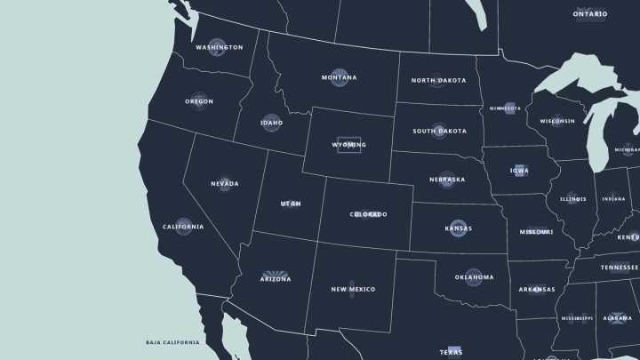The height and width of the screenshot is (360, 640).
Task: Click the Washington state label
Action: point(219,47)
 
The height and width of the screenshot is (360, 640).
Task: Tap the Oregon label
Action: point(199,101)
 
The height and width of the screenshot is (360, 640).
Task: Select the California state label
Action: point(183,227)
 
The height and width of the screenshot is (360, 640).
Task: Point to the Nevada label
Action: point(224,184)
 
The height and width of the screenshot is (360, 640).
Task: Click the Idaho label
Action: point(271,123)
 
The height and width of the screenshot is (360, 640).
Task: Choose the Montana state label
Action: point(339,77)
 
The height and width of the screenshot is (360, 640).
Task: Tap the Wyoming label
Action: point(348,144)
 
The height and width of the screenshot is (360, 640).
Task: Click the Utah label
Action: point(291,204)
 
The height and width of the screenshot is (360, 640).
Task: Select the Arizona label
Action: point(276,279)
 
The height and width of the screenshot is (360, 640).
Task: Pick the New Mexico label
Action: point(353,289)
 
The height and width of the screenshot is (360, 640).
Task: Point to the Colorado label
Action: point(368,214)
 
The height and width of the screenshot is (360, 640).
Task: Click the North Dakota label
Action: point(438,80)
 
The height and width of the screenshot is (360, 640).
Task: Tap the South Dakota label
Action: point(439,131)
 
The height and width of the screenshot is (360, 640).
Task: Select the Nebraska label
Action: point(446,180)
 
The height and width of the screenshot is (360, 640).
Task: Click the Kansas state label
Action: point(458,228)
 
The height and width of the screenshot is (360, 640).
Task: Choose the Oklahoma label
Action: point(474,277)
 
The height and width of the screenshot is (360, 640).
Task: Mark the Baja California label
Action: point(172,342)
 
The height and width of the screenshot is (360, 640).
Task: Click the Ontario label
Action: point(590,13)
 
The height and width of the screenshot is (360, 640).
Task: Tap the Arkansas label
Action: point(537,289)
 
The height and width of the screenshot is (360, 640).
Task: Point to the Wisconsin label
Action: point(557,121)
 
